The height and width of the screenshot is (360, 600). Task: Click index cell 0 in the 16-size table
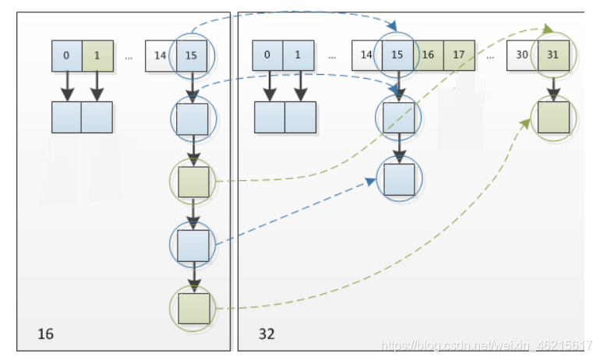67,56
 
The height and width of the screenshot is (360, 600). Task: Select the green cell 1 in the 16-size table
97,56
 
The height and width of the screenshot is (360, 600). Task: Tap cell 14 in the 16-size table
161,56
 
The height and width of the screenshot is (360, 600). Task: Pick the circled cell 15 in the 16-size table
192,56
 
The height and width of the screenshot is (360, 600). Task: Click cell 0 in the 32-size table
267,55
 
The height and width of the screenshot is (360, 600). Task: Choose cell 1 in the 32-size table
298,55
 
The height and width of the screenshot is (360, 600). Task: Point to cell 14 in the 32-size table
367,55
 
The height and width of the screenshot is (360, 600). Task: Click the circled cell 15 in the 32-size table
397,55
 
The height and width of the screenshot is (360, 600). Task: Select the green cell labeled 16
429,55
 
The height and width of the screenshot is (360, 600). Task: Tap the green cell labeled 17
459,55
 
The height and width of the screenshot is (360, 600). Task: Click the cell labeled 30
522,55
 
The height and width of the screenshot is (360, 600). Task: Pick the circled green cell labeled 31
553,55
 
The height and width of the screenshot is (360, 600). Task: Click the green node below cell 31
553,118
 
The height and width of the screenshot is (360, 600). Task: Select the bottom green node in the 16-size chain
194,309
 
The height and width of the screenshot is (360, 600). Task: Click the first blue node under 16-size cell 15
192,119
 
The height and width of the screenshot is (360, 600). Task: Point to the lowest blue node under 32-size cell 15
399,179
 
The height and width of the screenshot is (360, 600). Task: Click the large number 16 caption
45,334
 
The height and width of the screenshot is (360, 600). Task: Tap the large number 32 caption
266,334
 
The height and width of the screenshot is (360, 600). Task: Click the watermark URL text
486,345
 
